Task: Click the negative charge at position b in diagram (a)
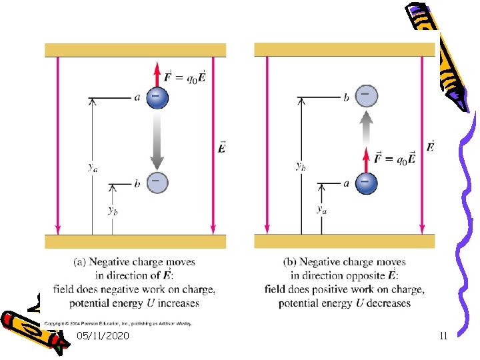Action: [157, 182]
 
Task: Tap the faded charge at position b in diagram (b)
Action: [365, 96]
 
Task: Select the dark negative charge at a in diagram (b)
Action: [365, 182]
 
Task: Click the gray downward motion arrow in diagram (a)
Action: [157, 140]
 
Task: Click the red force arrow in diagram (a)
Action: [157, 73]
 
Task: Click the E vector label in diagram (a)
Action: [222, 147]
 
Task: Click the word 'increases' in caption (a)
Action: [178, 303]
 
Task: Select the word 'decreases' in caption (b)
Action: [387, 303]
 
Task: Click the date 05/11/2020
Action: [103, 336]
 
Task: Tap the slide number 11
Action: [443, 336]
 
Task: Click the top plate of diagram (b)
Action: [344, 49]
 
